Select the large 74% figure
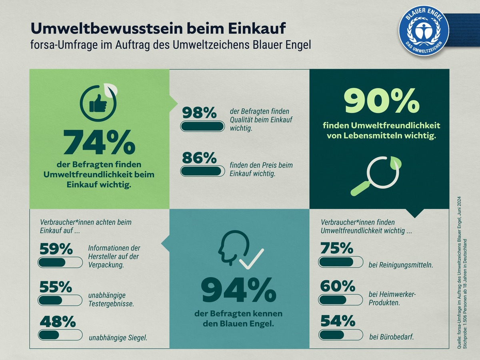coord(99,142)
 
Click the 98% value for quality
coord(199,113)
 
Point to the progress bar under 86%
coord(202,171)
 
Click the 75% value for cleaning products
coord(337,248)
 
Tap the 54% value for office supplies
coord(337,321)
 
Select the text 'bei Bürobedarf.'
coord(392,337)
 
